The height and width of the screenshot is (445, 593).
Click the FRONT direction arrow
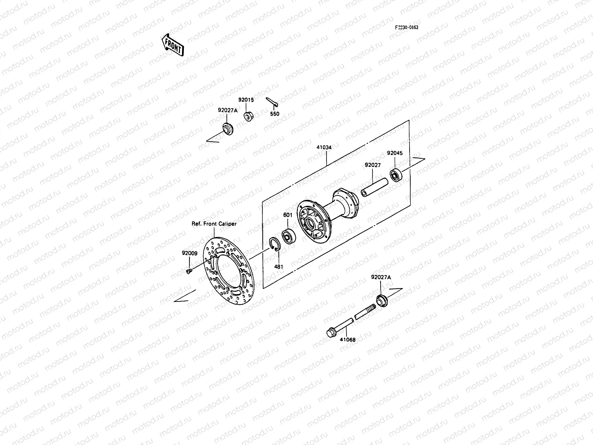tap(172, 44)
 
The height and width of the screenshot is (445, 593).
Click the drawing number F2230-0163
tap(407, 27)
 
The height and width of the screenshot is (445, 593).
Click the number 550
tap(275, 114)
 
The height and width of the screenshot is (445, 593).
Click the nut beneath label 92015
tap(248, 116)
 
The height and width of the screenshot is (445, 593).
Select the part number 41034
tap(324, 147)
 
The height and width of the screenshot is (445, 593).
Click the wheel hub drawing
tap(326, 215)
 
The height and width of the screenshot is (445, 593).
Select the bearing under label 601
tap(288, 236)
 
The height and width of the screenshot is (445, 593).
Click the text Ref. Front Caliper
tap(214, 224)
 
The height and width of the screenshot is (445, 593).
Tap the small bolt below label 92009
tap(189, 271)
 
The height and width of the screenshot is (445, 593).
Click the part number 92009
tap(189, 253)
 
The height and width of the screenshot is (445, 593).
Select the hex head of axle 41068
tap(330, 333)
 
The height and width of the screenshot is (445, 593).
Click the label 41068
tap(348, 339)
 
